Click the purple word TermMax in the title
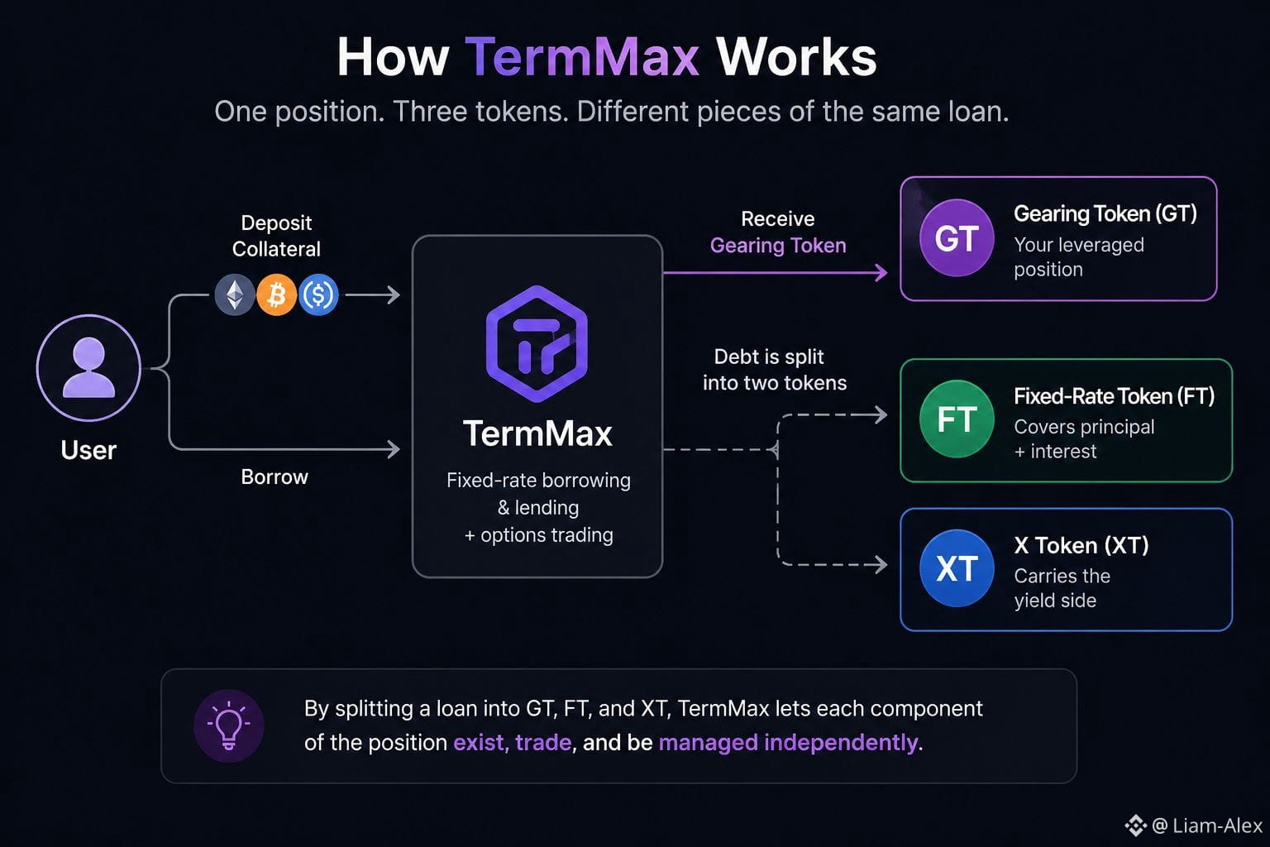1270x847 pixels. point(582,57)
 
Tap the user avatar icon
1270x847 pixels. point(89,367)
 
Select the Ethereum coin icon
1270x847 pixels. point(235,295)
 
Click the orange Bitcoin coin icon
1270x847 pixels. point(277,295)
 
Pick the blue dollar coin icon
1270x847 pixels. point(318,295)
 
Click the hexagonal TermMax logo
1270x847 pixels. point(537,344)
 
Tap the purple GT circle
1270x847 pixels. point(957,237)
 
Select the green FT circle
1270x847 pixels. point(957,419)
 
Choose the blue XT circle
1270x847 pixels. point(957,568)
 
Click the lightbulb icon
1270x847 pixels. point(229,725)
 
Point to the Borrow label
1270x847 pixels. point(275,477)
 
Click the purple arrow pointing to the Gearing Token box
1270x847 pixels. point(775,273)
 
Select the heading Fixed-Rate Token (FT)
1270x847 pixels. point(1114,396)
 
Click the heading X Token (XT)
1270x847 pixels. point(1081,545)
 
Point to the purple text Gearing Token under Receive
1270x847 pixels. point(778,246)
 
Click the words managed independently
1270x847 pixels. point(788,743)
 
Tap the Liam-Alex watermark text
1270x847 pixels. point(1217,826)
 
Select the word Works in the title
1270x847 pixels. point(796,57)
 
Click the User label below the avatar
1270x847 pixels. point(88,451)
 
